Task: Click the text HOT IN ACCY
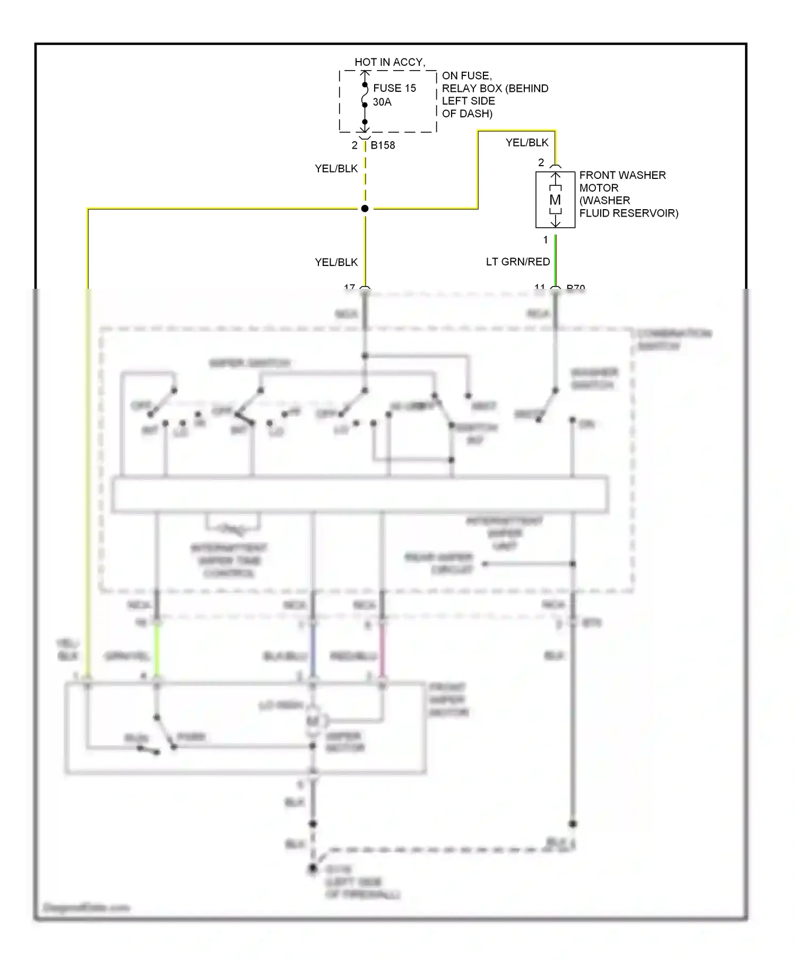click(x=390, y=62)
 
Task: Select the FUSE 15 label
click(x=394, y=88)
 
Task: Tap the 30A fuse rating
click(x=382, y=102)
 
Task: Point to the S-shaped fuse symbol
click(x=365, y=98)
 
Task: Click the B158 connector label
click(x=383, y=145)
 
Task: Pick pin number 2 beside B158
click(x=354, y=145)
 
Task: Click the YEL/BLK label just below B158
click(x=336, y=168)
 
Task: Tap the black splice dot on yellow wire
click(x=365, y=209)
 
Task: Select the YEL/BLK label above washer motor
click(x=527, y=142)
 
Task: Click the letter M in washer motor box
click(x=555, y=200)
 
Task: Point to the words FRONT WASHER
click(x=622, y=175)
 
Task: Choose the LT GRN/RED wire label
click(x=518, y=262)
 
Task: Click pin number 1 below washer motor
click(x=546, y=240)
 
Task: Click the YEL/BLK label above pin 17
click(x=336, y=262)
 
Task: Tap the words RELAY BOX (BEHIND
click(x=495, y=89)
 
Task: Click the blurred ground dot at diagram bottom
click(x=313, y=869)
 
